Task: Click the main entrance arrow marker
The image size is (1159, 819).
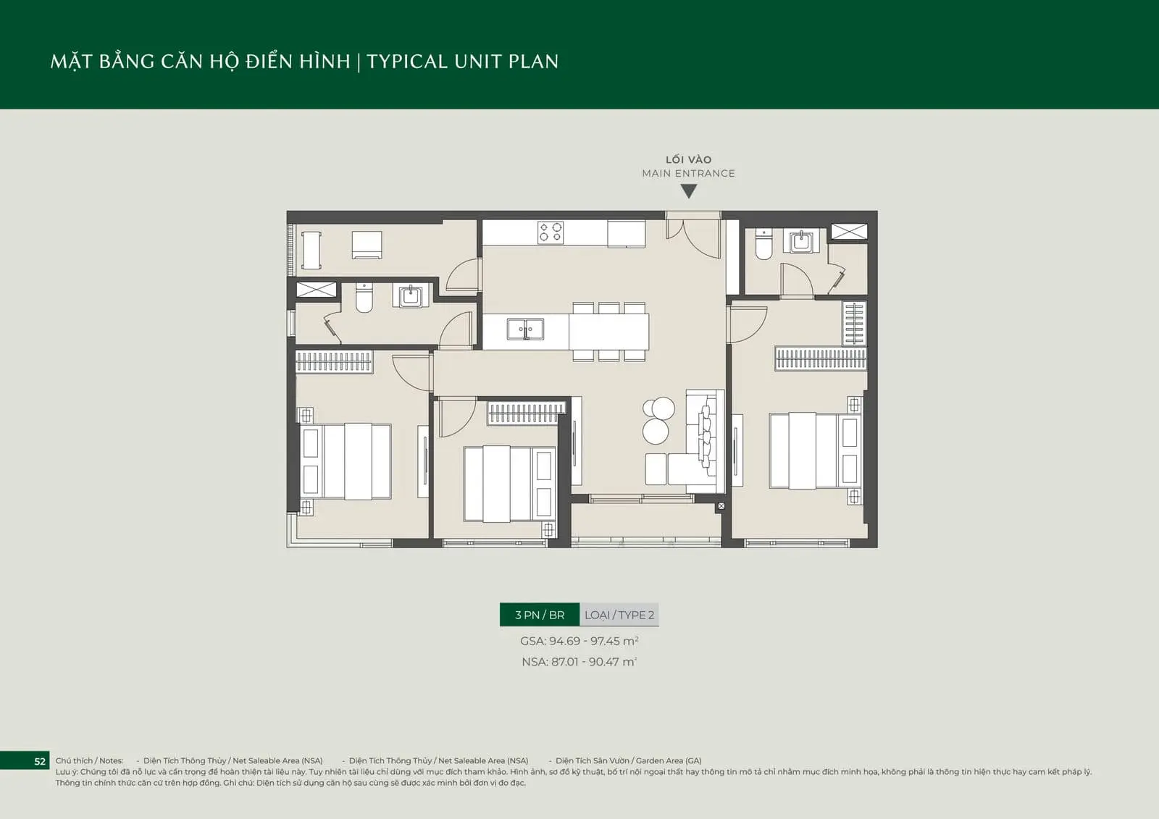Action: pos(689,191)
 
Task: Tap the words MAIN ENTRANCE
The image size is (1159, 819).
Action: pos(689,173)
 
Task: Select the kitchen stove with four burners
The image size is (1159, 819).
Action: pos(550,232)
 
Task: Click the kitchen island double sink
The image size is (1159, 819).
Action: pos(525,329)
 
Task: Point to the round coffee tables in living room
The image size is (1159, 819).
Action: pos(657,420)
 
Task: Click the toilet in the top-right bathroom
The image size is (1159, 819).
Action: pos(763,244)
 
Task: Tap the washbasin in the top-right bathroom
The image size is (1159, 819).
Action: pos(801,241)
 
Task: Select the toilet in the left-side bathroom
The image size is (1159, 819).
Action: pos(364,298)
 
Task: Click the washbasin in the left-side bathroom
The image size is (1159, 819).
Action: pos(411,296)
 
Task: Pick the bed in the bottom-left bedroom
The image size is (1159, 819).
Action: pos(346,461)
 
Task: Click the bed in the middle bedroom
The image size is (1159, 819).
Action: pos(510,484)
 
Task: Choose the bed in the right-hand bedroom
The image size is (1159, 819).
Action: pos(816,450)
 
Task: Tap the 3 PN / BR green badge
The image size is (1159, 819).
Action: pos(540,615)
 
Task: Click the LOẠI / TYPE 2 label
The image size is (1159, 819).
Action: pos(619,615)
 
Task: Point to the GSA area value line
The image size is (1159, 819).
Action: pos(579,641)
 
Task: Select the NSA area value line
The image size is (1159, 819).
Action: pos(579,662)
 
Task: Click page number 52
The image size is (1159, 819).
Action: pos(40,761)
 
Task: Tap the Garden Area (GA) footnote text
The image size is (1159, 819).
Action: pos(629,760)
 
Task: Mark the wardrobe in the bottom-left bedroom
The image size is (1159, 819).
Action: pos(334,361)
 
